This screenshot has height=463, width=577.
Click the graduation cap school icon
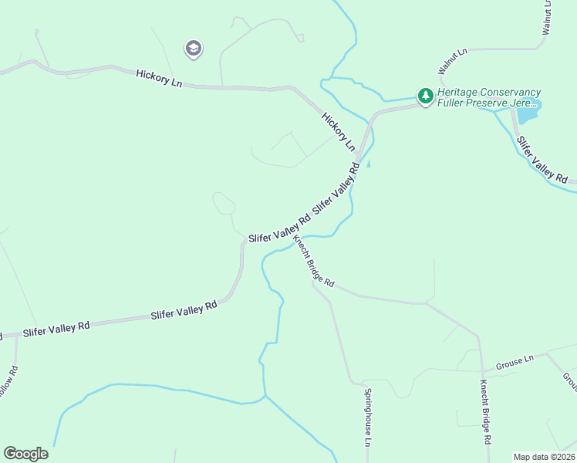193,49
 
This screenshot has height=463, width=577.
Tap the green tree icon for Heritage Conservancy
425,96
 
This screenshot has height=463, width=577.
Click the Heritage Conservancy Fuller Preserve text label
489,97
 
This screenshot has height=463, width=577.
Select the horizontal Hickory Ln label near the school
159,78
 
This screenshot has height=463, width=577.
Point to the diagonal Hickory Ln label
338,131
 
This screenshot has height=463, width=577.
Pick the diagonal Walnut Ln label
453,62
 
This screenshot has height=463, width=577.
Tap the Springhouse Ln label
368,417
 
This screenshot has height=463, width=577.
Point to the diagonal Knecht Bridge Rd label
313,261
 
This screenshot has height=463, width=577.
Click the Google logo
25,454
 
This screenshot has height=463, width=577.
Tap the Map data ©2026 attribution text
544,457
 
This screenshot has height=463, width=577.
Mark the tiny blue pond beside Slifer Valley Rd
368,164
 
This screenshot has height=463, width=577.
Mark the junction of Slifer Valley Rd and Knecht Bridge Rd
292,234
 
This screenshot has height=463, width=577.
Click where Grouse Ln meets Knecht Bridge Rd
481,369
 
